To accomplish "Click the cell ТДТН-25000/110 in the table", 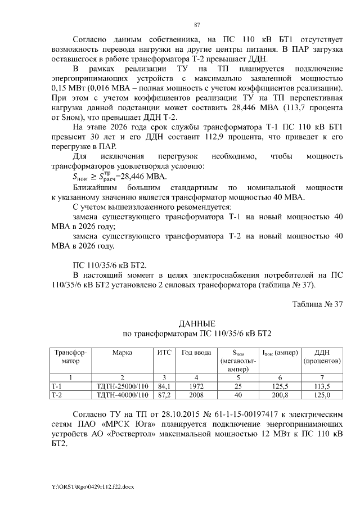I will (122, 387).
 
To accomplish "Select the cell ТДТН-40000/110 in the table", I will (122, 395).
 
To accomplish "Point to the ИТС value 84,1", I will (164, 387).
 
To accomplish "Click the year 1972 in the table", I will (196, 387).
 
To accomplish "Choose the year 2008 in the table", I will (196, 395).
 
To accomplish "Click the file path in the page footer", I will (93, 485).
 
